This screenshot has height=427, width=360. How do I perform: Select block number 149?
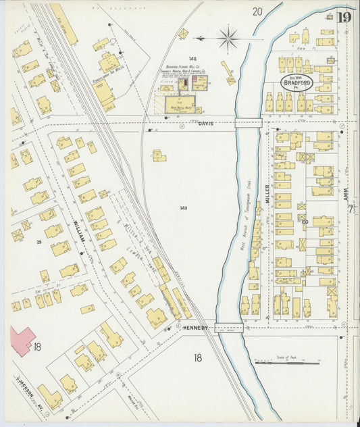click(183, 208)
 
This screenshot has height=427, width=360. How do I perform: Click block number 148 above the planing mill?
click(192, 59)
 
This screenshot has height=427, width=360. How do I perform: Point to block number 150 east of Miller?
click(305, 221)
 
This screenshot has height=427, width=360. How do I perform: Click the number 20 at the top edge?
click(257, 11)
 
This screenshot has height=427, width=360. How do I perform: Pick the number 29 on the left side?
click(39, 241)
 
